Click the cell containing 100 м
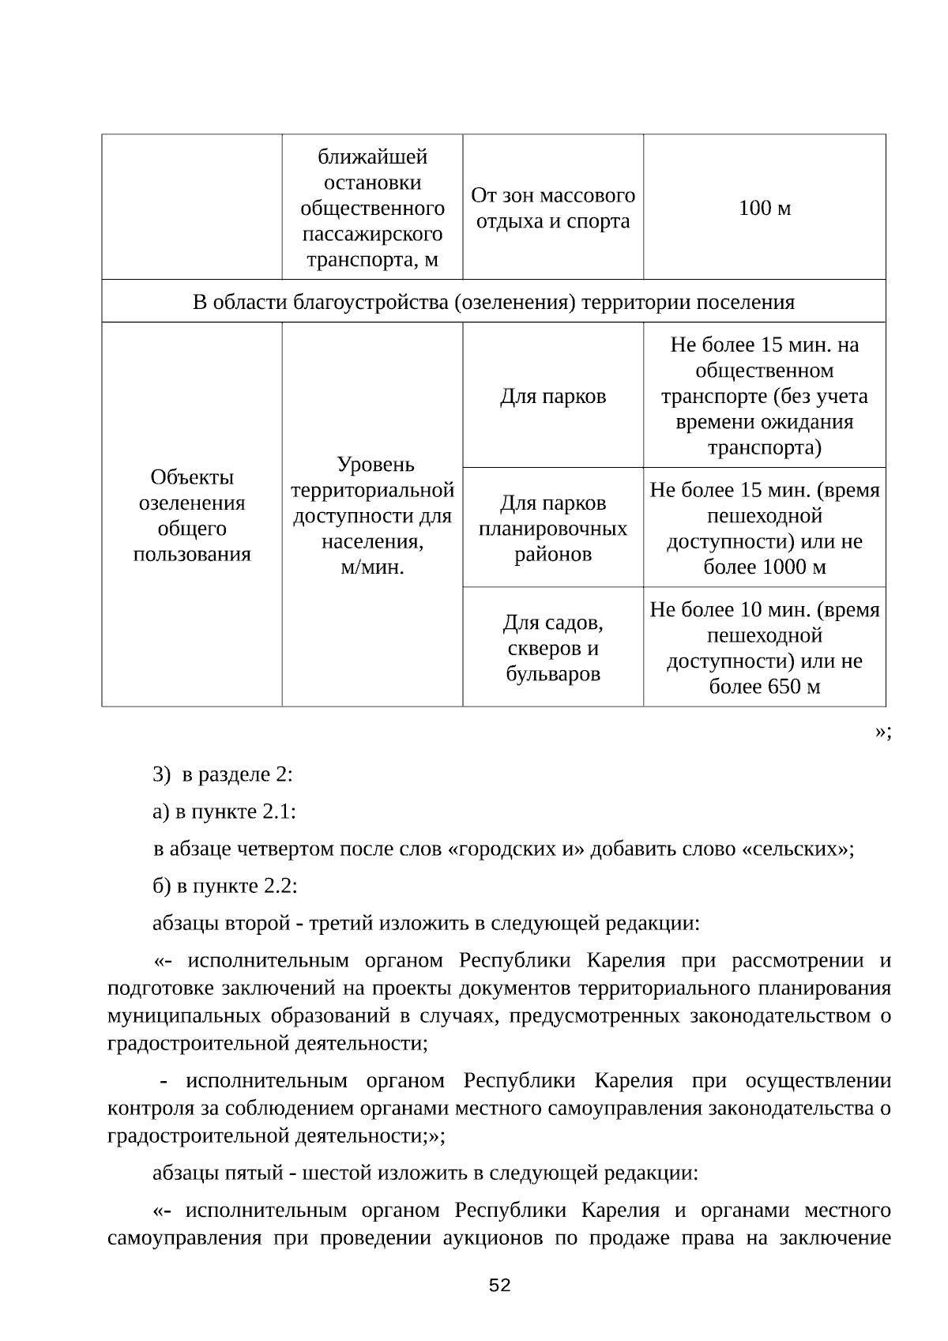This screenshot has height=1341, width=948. (764, 209)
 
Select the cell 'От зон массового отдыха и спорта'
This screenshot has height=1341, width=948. (553, 208)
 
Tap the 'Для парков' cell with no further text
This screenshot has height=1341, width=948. (553, 396)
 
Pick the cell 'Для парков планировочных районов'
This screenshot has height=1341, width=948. (553, 528)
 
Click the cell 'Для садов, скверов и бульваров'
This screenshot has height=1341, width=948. (553, 648)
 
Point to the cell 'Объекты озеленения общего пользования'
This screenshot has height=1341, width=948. (192, 515)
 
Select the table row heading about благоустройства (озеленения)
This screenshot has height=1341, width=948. (494, 302)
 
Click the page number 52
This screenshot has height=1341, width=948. (500, 1285)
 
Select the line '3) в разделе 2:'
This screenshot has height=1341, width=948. (223, 774)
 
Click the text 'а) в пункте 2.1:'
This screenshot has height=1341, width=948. (224, 812)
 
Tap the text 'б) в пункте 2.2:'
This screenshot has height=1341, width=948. (225, 886)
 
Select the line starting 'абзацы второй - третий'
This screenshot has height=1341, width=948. (426, 923)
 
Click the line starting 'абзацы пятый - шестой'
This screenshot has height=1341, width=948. (425, 1172)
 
